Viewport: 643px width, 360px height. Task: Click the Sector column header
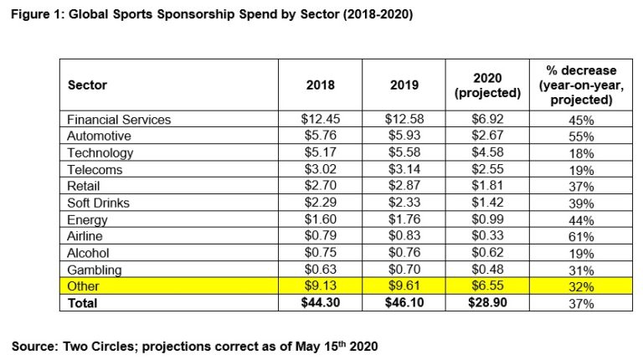87,85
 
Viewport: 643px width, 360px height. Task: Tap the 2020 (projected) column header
487,85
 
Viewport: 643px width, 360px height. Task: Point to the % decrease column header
578,85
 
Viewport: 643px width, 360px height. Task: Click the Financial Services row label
119,120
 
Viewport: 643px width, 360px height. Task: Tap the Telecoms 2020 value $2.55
487,169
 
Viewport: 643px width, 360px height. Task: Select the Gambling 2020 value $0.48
487,270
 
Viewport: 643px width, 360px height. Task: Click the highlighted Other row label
83,285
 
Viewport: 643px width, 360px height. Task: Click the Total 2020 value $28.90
487,302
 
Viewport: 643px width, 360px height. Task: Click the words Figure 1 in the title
37,15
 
